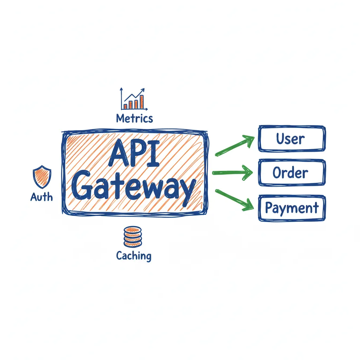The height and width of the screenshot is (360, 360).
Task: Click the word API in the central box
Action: point(134,154)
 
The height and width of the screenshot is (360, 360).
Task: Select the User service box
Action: point(291,139)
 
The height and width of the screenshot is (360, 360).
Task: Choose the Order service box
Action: point(291,172)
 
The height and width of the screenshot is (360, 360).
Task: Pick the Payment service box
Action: point(292,208)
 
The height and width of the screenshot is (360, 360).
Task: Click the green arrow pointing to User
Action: point(235,146)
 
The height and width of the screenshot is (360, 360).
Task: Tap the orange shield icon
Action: point(42,177)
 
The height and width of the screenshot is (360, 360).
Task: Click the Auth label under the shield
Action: point(41,197)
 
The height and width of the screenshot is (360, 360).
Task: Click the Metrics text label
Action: point(135,118)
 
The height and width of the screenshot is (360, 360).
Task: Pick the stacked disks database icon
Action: point(133,237)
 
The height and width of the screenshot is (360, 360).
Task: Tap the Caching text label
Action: point(134,256)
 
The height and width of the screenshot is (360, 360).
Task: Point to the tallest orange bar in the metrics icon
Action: point(142,102)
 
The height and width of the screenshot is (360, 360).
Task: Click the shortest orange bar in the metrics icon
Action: point(126,106)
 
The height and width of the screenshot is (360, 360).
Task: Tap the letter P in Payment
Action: point(269,208)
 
